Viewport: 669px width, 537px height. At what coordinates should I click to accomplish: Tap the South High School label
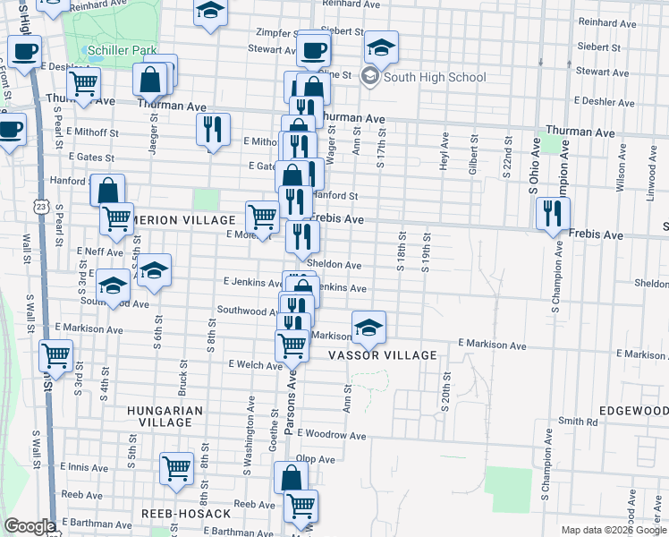434,77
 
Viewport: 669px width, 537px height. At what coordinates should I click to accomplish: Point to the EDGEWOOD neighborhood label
632,410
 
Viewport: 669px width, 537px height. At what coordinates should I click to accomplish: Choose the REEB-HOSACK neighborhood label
186,514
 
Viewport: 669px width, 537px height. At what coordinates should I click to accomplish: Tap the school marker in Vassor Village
368,328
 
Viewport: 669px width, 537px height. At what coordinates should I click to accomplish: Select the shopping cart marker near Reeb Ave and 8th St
176,467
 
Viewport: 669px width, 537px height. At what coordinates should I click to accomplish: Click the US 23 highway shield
42,207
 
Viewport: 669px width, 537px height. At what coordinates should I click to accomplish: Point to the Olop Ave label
316,459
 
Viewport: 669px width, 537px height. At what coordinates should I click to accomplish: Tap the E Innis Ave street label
84,467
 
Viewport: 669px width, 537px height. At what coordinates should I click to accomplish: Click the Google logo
29,526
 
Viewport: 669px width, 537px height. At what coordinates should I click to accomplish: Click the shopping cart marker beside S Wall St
55,355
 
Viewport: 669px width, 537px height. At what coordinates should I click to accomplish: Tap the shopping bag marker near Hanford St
107,190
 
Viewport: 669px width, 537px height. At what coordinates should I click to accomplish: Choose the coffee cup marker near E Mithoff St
9,129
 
